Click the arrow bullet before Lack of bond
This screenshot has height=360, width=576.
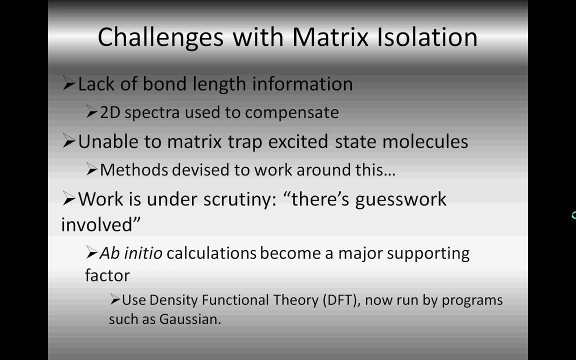(x=68, y=84)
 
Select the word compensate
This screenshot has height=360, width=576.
(x=292, y=112)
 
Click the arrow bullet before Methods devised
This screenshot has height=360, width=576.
(x=91, y=170)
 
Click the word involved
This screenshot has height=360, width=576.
(x=100, y=224)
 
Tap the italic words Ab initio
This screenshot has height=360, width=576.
(x=131, y=253)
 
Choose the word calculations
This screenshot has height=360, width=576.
(x=211, y=253)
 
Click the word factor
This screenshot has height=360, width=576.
(x=107, y=275)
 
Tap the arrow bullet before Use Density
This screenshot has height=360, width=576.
(x=115, y=300)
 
